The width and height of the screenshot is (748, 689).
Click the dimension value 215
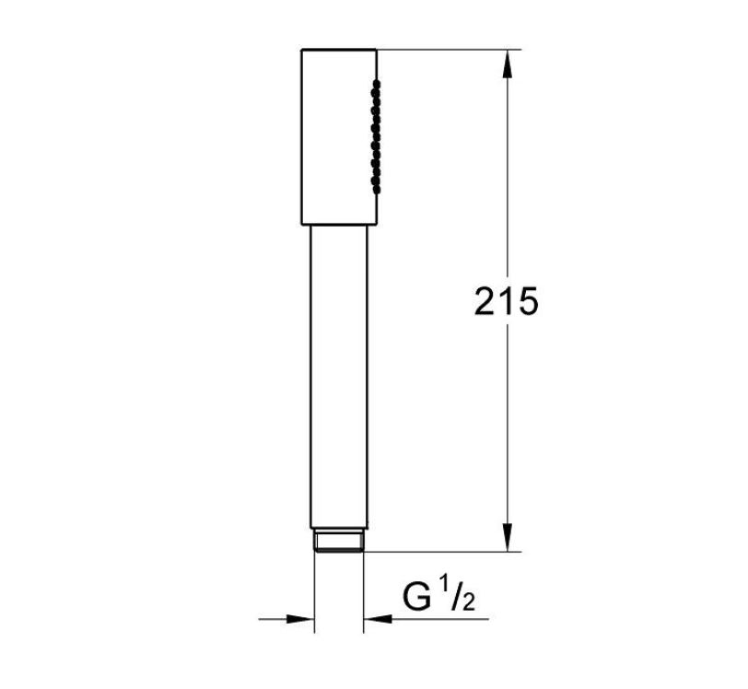pos(506,301)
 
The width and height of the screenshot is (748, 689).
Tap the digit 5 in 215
pos(528,301)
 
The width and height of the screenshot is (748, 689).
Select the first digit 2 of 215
pos(485,301)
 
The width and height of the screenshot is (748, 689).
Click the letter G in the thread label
pos(416,597)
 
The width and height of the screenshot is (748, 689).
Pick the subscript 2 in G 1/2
pos(469,602)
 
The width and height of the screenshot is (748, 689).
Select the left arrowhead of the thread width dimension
pos(300,619)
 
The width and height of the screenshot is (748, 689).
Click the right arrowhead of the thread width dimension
pos(378,619)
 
